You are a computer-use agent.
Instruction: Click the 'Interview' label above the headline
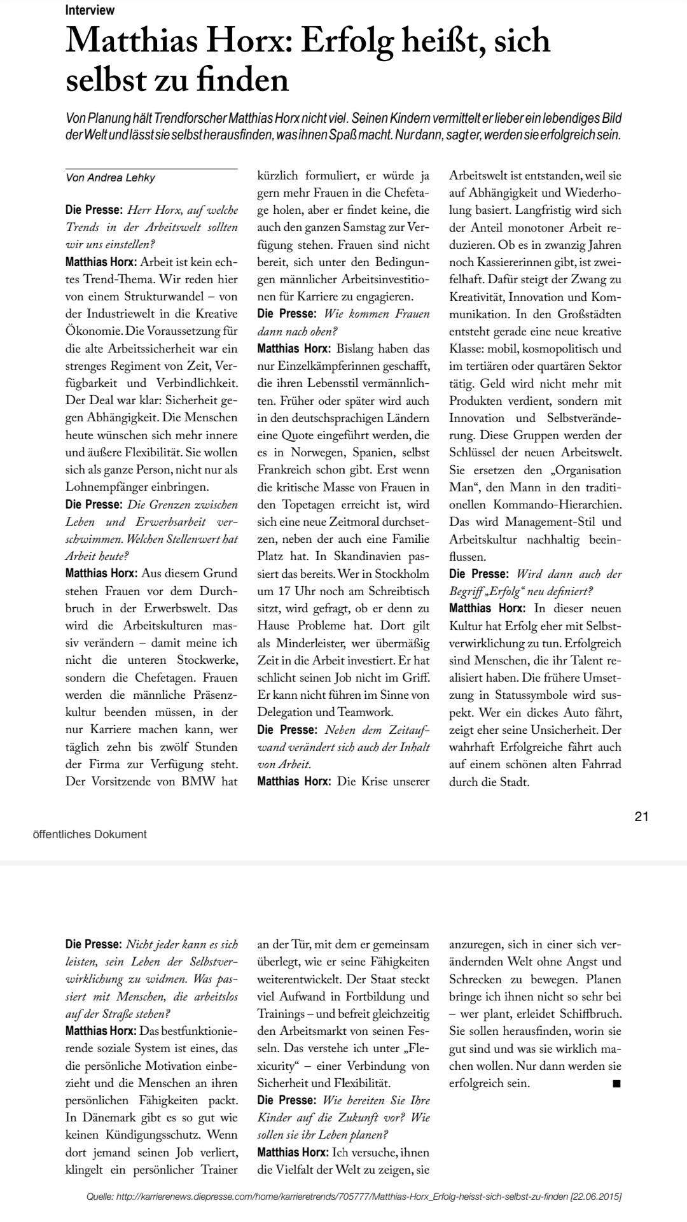90,10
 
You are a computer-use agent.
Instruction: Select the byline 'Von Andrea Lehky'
110,178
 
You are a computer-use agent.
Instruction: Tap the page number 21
641,817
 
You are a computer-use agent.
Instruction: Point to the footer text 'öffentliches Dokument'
89,834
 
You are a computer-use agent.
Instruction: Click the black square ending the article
616,1083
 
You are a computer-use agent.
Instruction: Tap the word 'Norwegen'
317,453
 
